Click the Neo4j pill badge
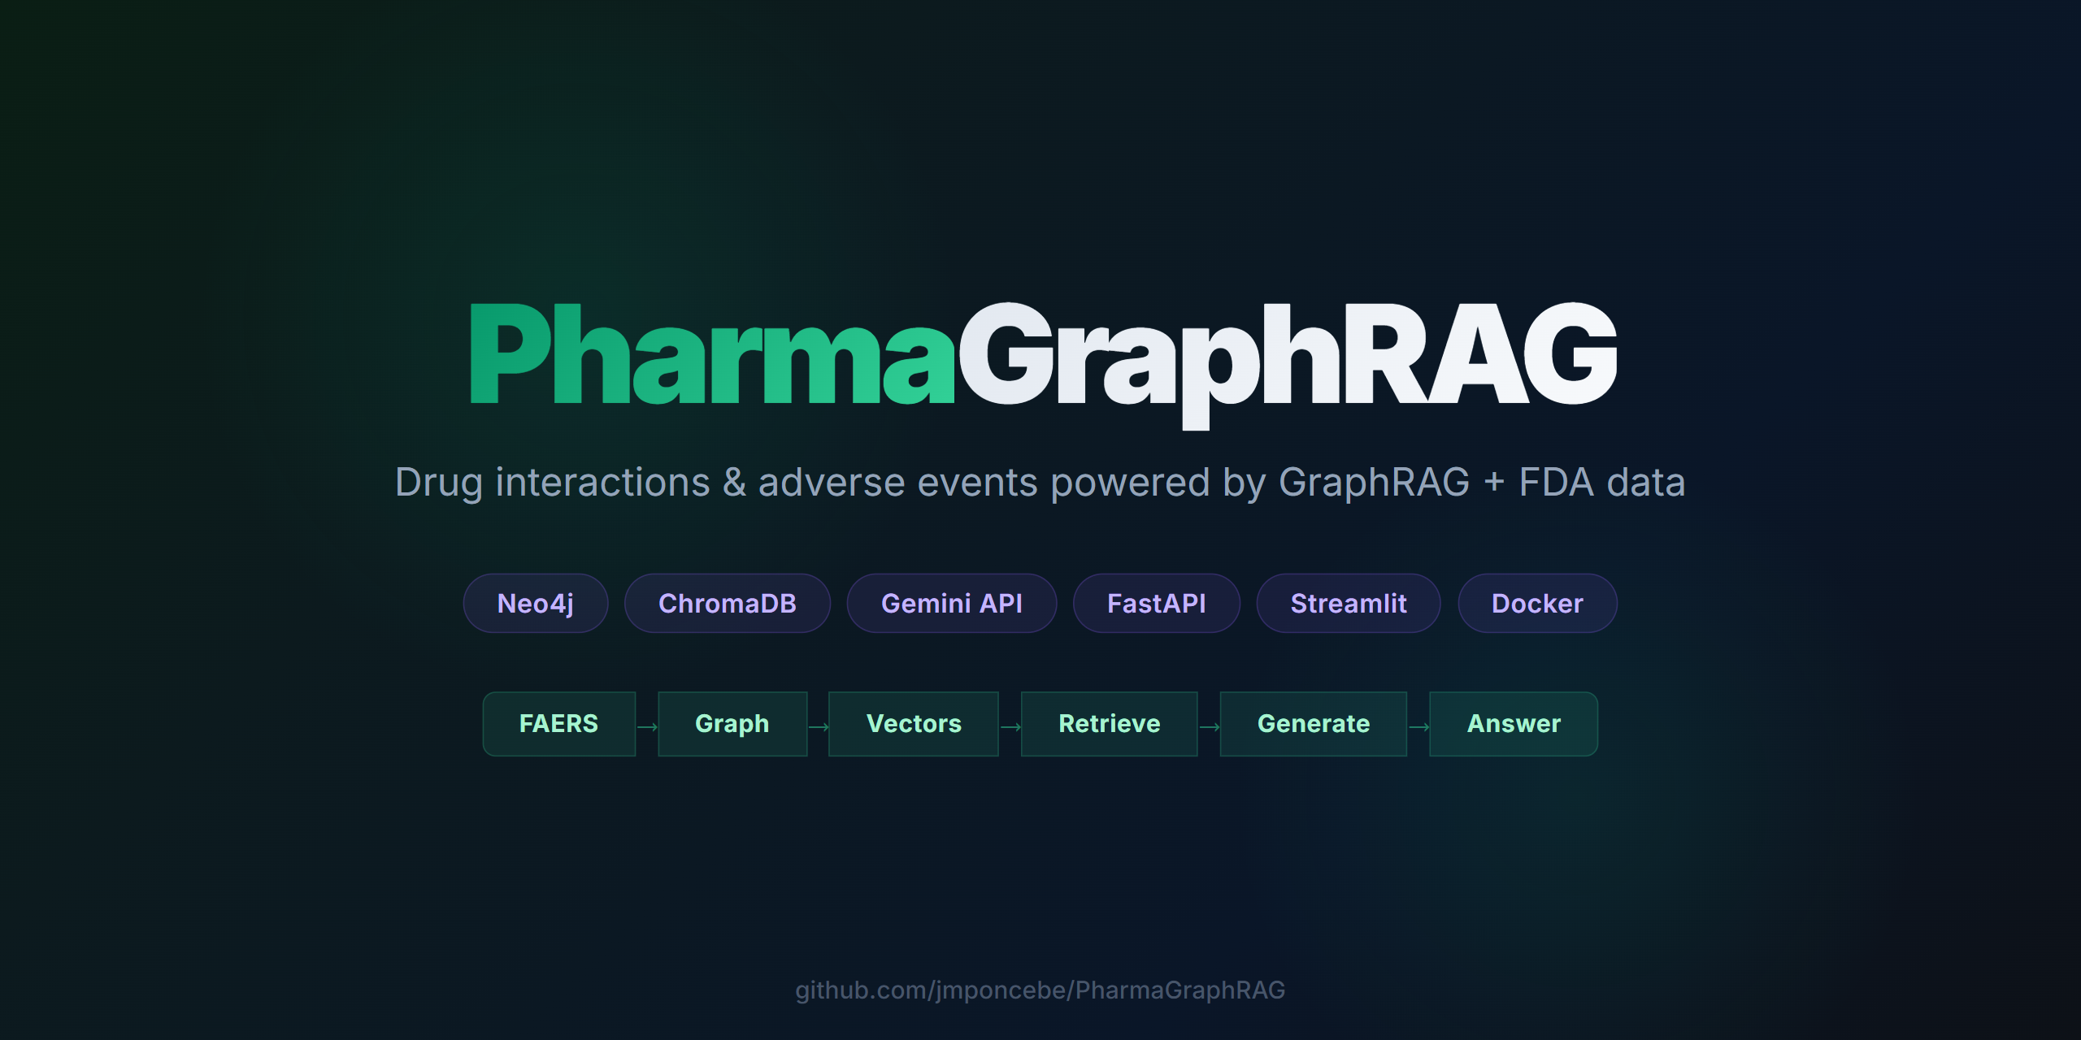[536, 604]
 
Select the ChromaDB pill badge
[727, 604]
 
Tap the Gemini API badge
[951, 604]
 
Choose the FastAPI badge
[1156, 604]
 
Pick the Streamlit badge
[1348, 604]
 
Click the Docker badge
[1536, 604]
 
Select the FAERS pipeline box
[558, 724]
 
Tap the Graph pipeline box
[732, 724]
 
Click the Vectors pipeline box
[913, 724]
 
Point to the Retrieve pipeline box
[1109, 724]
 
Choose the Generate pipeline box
[1313, 724]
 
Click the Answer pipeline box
[1513, 724]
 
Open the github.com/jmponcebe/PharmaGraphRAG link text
[1040, 990]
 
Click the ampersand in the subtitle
[734, 483]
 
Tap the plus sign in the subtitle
[1494, 483]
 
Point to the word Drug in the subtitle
[438, 483]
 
